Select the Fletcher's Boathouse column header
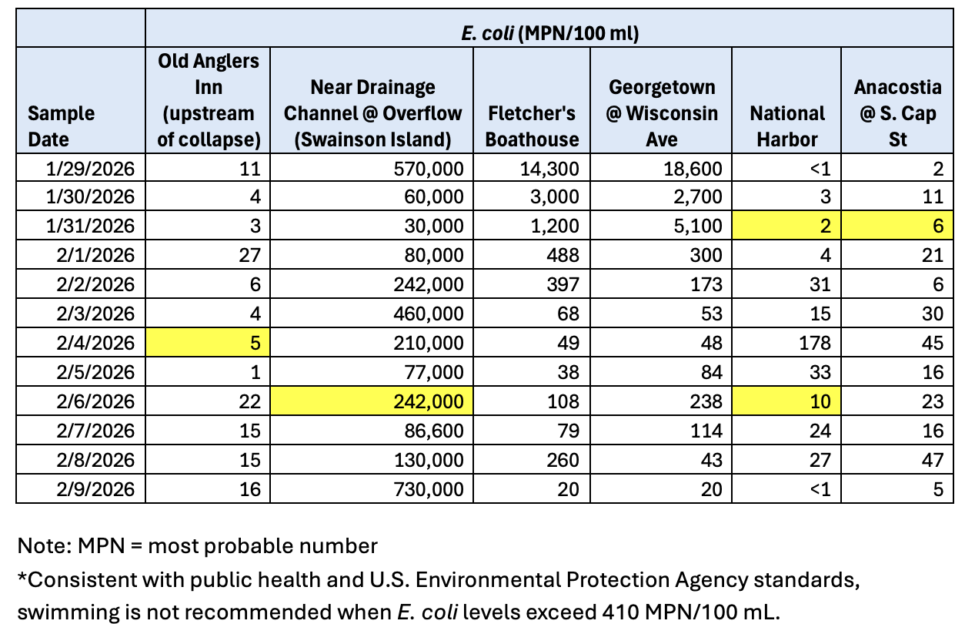[x=532, y=126]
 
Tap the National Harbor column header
[x=787, y=126]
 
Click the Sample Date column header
[x=61, y=126]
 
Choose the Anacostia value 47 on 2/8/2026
[x=932, y=460]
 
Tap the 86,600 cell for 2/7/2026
[x=431, y=431]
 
